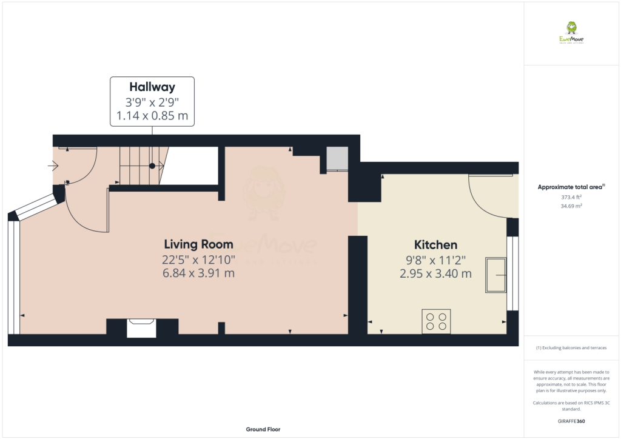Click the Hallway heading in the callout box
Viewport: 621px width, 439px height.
pos(152,87)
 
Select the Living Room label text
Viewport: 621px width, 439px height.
pos(198,244)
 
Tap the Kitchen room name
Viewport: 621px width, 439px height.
pos(435,245)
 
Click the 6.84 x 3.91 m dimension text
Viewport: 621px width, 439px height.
pos(198,273)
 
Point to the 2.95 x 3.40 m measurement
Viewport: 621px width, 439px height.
pos(435,273)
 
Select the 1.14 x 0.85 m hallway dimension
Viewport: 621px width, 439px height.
pos(152,115)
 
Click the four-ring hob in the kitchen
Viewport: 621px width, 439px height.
pos(437,321)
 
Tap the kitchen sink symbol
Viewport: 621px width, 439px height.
pos(495,275)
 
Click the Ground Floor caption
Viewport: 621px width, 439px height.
pos(263,429)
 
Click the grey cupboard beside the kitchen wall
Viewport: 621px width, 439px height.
pos(337,158)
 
